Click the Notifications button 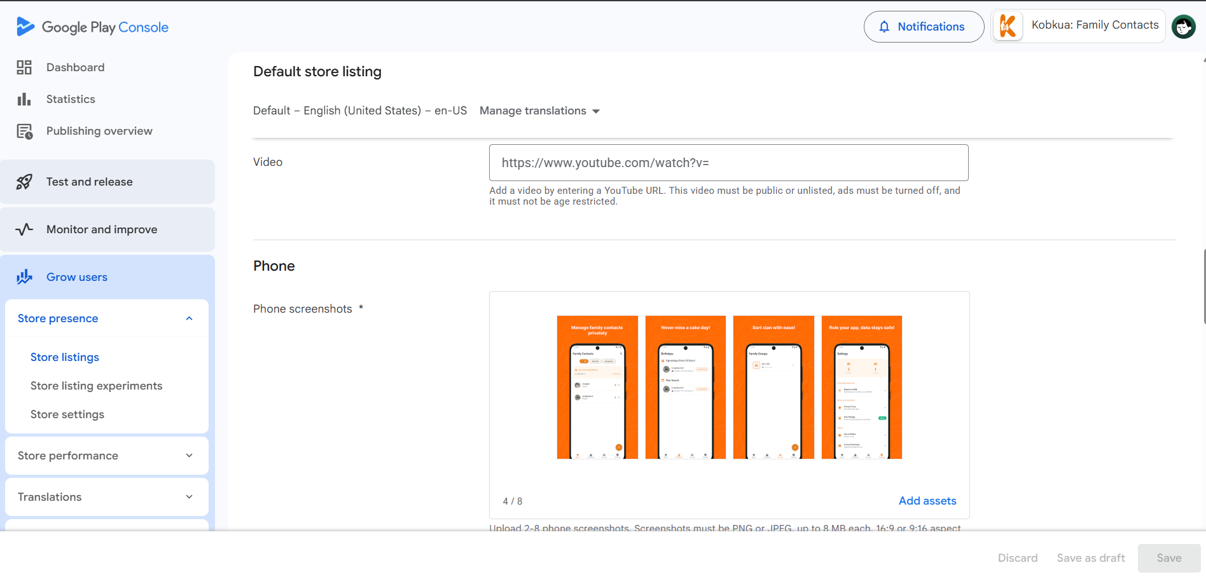tap(924, 27)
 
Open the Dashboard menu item tap(75, 67)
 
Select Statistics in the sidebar tap(71, 99)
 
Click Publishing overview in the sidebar tap(99, 131)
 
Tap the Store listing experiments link tap(96, 386)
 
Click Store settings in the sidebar tap(67, 414)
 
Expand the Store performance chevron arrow tap(189, 456)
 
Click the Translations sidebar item tap(50, 497)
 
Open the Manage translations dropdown tap(539, 111)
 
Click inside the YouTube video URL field tap(728, 163)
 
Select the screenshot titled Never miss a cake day tap(685, 387)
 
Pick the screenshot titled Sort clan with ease tap(773, 387)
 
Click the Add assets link tap(927, 501)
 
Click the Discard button tap(1017, 558)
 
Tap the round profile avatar tap(1183, 27)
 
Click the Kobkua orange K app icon tap(1008, 26)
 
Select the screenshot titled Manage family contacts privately tap(597, 387)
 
